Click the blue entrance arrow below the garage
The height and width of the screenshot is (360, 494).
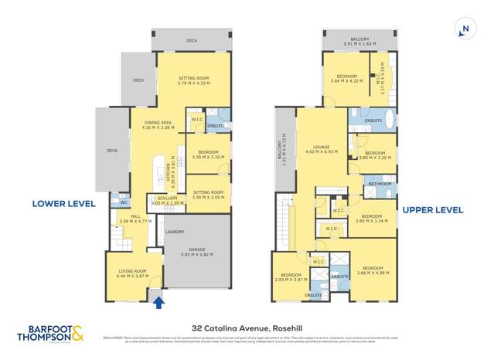point(159,303)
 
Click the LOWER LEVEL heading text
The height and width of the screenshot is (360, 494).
point(63,204)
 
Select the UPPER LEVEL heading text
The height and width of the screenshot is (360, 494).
point(431,209)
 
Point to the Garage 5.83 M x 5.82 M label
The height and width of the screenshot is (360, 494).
point(197,252)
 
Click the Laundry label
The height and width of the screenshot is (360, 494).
point(175,231)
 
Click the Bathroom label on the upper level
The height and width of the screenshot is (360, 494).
point(380,184)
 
